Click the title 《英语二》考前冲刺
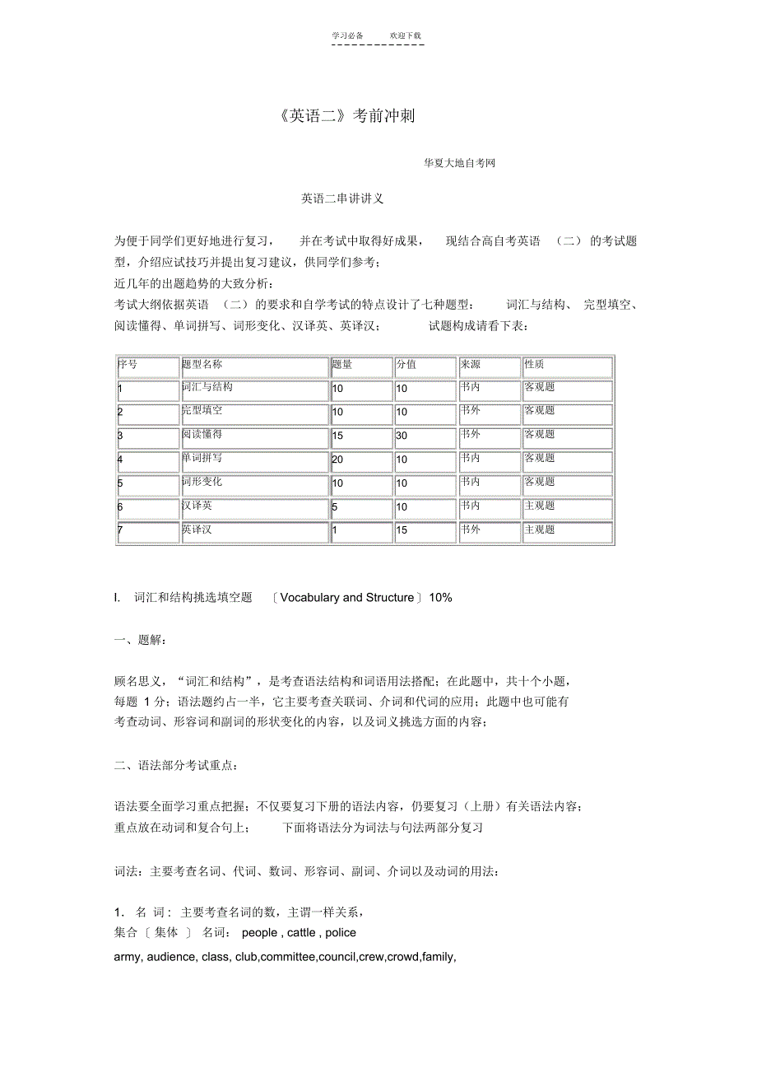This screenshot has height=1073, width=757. [346, 116]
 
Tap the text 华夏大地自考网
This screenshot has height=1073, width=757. [459, 163]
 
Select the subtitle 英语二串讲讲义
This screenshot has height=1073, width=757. [342, 198]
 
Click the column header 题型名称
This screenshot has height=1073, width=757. [202, 364]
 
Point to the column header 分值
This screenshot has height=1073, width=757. [406, 364]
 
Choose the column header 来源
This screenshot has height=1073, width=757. [471, 364]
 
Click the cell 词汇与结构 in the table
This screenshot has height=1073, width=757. [207, 386]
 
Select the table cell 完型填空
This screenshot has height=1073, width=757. [202, 410]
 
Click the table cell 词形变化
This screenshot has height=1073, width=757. [202, 482]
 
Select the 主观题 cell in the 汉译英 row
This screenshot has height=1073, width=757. [540, 506]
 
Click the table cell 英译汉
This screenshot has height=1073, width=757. [197, 530]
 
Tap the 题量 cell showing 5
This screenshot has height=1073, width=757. [335, 507]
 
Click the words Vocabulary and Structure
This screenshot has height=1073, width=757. [346, 598]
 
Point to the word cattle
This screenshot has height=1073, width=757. [301, 933]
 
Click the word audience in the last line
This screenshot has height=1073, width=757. [171, 957]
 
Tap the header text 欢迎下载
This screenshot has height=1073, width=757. [405, 35]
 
